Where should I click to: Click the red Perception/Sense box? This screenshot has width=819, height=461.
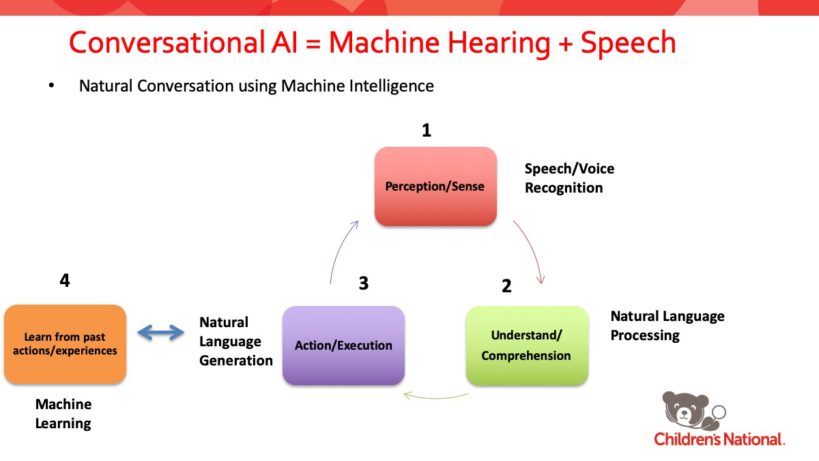(x=435, y=186)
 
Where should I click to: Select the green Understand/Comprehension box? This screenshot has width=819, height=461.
(x=526, y=345)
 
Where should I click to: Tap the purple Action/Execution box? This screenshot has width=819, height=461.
(x=343, y=345)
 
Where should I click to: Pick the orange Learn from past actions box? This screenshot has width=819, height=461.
(x=65, y=344)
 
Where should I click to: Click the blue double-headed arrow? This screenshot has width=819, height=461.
(x=161, y=333)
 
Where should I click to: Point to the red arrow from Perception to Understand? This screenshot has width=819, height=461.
(x=531, y=249)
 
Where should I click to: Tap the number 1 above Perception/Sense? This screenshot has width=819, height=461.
(x=427, y=130)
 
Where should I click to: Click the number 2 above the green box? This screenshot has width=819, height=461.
(x=506, y=286)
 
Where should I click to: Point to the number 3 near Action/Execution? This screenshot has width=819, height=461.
(x=363, y=283)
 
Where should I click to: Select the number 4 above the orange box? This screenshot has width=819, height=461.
(x=65, y=281)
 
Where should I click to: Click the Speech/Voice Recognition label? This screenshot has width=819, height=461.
(x=564, y=178)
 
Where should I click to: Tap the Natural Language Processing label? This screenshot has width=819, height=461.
(x=667, y=325)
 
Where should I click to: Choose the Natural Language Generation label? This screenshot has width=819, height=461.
(x=235, y=341)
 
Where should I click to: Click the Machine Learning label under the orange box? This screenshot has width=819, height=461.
(x=63, y=413)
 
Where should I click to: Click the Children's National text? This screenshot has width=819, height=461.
(x=719, y=438)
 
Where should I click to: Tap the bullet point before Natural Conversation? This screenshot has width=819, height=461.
(x=51, y=86)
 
